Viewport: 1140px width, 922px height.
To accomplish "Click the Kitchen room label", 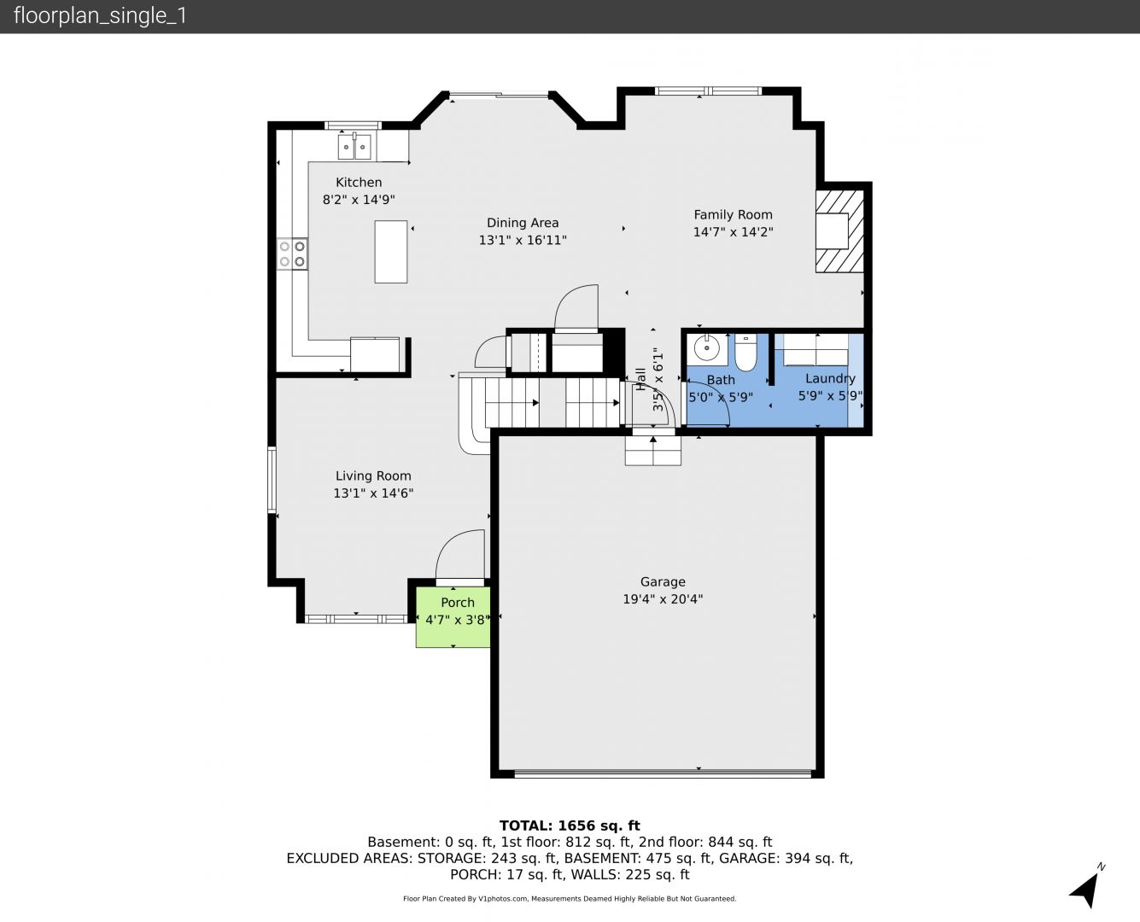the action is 359,182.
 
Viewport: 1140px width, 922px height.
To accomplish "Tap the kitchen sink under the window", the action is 354,146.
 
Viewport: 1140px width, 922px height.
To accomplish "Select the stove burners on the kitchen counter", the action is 293,254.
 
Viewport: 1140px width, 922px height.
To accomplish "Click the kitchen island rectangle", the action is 391,252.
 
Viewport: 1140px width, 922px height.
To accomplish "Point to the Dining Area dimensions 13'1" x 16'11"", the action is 523,240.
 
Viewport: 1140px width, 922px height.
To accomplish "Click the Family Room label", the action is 734,214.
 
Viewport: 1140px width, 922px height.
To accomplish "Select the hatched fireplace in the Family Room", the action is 839,231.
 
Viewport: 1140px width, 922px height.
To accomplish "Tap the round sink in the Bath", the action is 707,347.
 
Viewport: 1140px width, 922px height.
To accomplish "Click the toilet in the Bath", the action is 745,353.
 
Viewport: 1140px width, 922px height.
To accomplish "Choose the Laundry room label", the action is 830,378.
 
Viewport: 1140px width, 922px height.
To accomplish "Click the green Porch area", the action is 453,617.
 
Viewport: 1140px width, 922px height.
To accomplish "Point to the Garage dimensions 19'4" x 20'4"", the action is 663,598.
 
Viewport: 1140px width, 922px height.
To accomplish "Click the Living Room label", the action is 373,476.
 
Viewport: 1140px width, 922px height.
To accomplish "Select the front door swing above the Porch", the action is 460,555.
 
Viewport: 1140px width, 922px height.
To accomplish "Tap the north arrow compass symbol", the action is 1086,890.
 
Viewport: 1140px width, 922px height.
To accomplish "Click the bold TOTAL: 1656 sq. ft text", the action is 570,826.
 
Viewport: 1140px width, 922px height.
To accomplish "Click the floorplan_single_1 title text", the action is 100,16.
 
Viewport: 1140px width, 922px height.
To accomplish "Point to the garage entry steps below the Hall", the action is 653,451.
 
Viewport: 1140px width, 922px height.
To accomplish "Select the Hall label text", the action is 640,379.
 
